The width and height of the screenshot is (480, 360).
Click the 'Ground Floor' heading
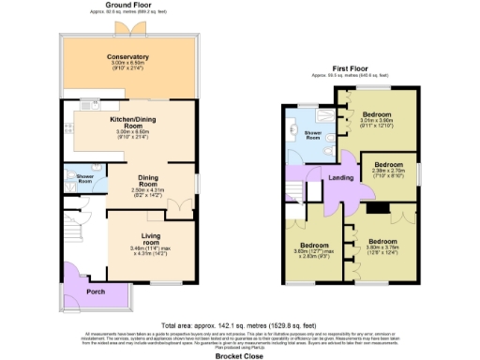pos(129,5)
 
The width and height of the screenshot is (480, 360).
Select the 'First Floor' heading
pos(349,69)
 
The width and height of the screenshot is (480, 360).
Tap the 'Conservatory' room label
pos(128,57)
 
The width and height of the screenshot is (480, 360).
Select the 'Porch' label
pos(96,291)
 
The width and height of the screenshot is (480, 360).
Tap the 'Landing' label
pos(339,180)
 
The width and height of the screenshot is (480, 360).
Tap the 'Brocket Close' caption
pos(239,353)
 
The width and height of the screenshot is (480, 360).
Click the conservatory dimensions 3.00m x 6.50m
pos(128,66)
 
